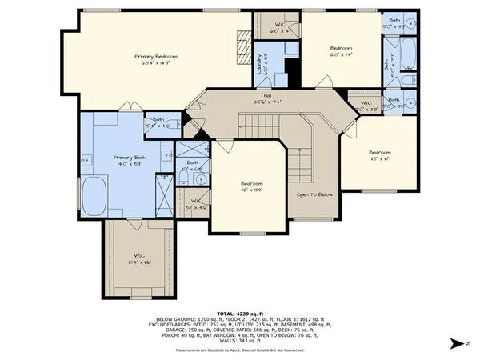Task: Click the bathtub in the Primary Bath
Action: (x=95, y=196)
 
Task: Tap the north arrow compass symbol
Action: (x=456, y=343)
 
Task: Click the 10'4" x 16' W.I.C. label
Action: (x=138, y=258)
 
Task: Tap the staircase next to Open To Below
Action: (x=298, y=163)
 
